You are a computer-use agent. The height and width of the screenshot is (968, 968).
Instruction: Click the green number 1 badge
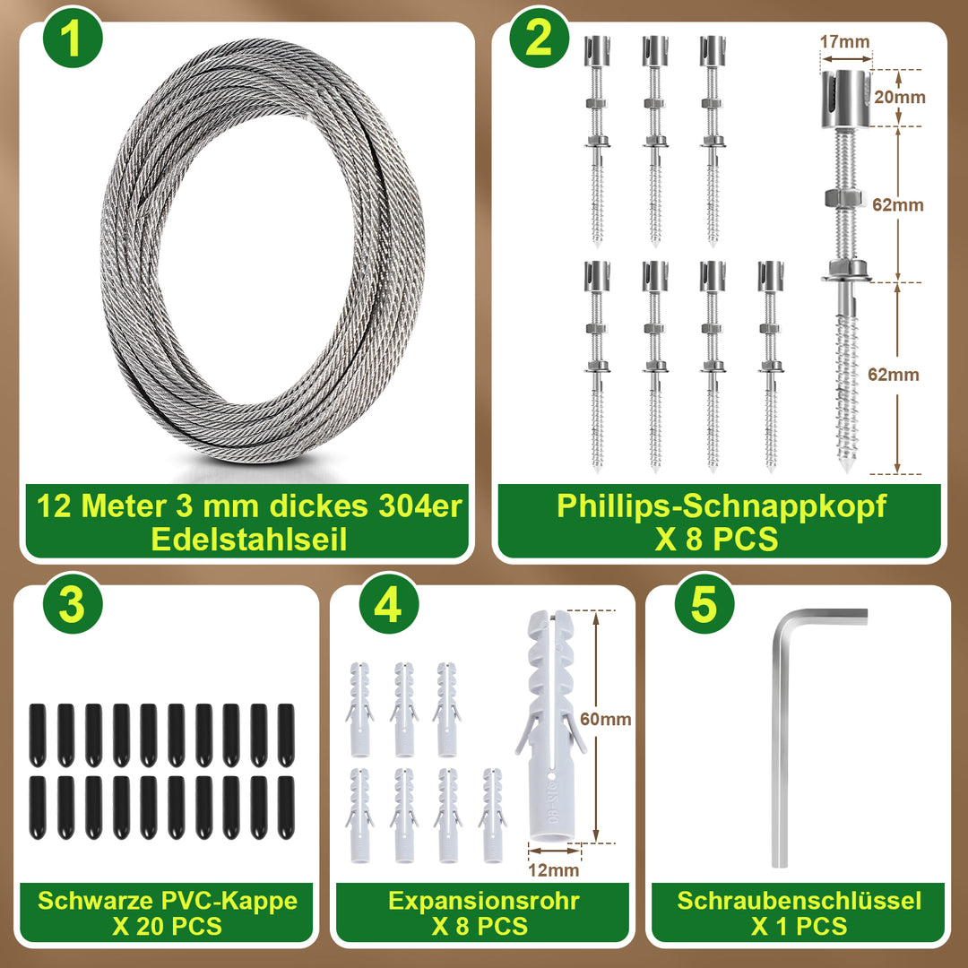73,39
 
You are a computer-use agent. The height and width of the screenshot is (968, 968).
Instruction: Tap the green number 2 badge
539,39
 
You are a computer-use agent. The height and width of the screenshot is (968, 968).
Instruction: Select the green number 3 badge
73,604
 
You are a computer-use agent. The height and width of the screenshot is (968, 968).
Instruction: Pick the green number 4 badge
388,604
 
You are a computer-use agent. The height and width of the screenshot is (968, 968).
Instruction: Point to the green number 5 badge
704,604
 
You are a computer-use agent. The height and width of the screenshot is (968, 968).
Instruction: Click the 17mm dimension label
844,41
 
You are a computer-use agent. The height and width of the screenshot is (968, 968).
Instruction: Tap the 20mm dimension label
900,97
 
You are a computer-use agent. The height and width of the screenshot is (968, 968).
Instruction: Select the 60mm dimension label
606,719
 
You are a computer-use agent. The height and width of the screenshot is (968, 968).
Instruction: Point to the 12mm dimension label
554,870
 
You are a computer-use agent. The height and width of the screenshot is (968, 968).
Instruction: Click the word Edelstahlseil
249,539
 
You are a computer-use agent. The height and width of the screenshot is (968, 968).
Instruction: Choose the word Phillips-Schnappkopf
721,506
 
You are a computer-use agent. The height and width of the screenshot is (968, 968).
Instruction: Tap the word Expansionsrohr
483,901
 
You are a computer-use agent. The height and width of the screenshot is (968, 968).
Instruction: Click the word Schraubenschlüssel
799,901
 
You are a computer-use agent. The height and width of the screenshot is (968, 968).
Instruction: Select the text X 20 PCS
167,927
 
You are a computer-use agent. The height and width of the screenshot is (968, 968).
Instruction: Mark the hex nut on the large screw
844,199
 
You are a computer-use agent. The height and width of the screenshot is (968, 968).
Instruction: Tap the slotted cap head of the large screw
845,99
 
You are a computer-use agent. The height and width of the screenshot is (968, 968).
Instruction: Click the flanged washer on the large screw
845,272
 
